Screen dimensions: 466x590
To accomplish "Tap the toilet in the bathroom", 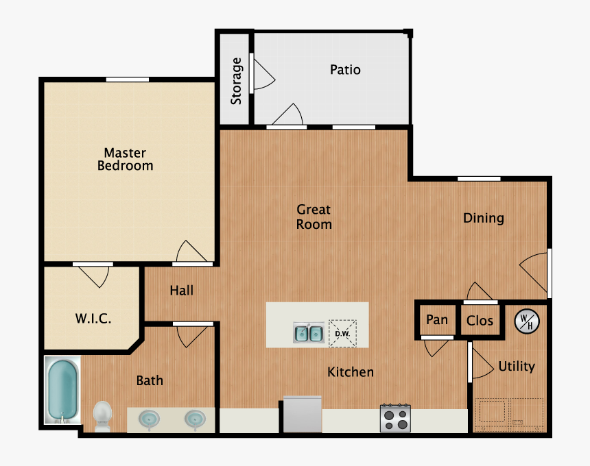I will coord(102,416).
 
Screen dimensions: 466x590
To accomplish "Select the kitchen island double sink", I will coord(309,333).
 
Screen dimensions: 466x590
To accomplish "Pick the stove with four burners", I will coord(396,417).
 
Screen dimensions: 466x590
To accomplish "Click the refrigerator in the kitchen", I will coord(302,414).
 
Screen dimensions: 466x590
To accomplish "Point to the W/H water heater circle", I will coord(527,321).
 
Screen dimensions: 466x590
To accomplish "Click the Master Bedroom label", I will coord(125,159).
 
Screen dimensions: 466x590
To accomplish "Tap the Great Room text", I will coord(314,217).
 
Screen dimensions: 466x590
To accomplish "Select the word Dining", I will coord(483,218).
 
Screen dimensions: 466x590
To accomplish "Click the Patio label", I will coord(345,70).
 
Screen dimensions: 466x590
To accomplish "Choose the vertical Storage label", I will coord(237,81).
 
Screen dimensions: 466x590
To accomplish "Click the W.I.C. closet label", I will coord(93,319).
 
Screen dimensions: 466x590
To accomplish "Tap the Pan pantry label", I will coord(437,320).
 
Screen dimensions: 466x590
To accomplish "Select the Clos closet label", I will coord(480,320).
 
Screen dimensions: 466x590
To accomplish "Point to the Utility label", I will coord(517,366).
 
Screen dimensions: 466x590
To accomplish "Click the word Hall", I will coord(181,291).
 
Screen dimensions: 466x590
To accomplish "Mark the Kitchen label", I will coord(351,372).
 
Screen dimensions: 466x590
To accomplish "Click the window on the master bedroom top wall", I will coord(127,79).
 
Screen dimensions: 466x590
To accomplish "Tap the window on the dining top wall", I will coord(479,179).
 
